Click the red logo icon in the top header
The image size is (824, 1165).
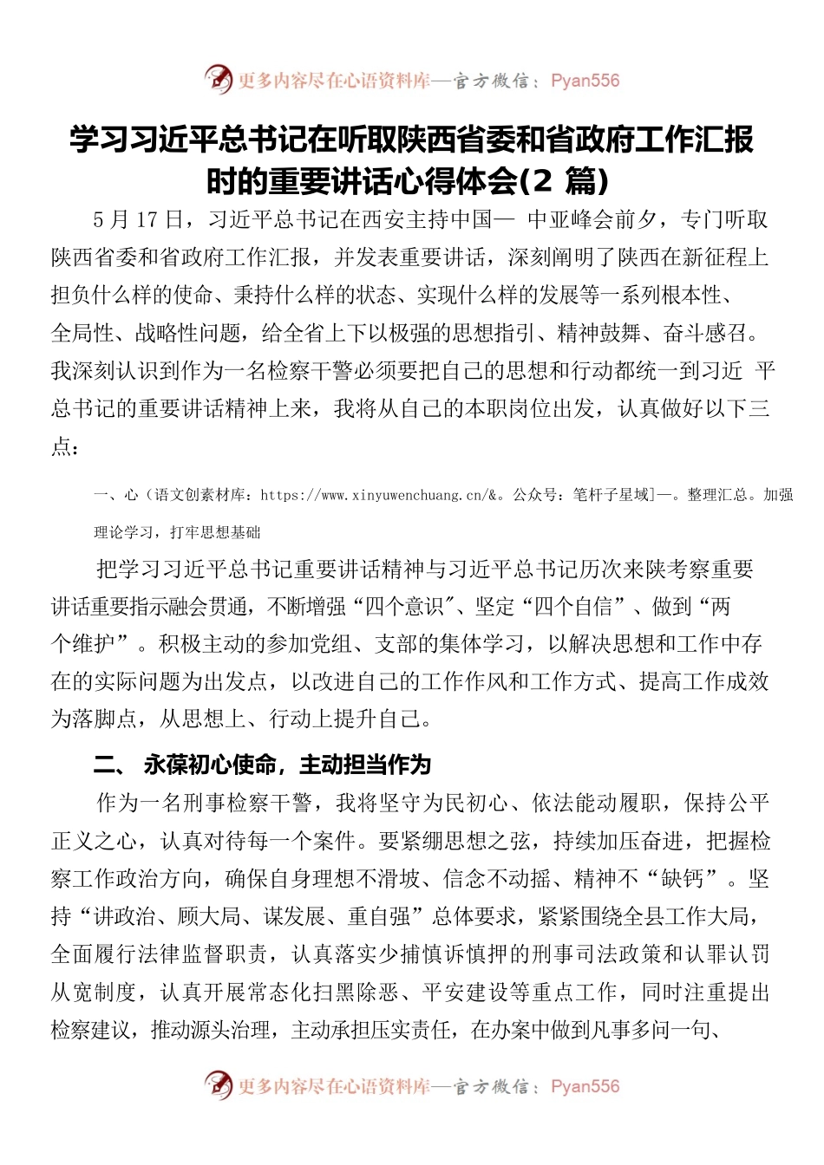pyautogui.click(x=219, y=81)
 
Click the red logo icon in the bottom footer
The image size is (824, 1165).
pyautogui.click(x=219, y=1085)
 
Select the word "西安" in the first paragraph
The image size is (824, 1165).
pyautogui.click(x=362, y=219)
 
